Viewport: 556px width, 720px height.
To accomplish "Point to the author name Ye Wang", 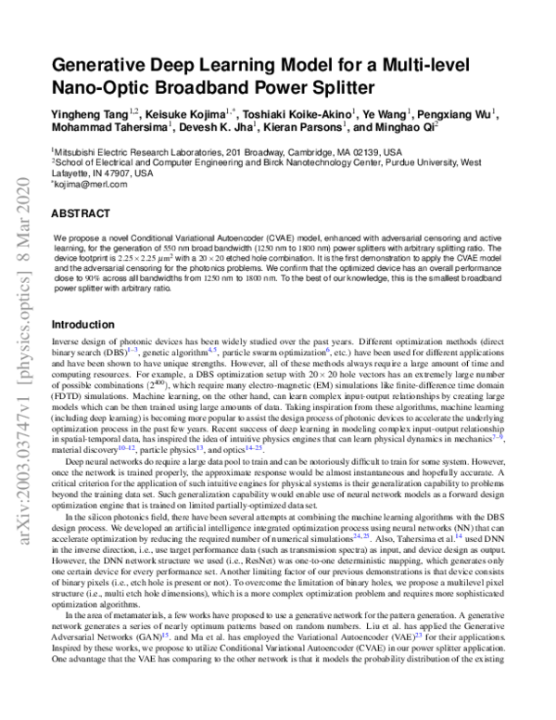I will point(381,113).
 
